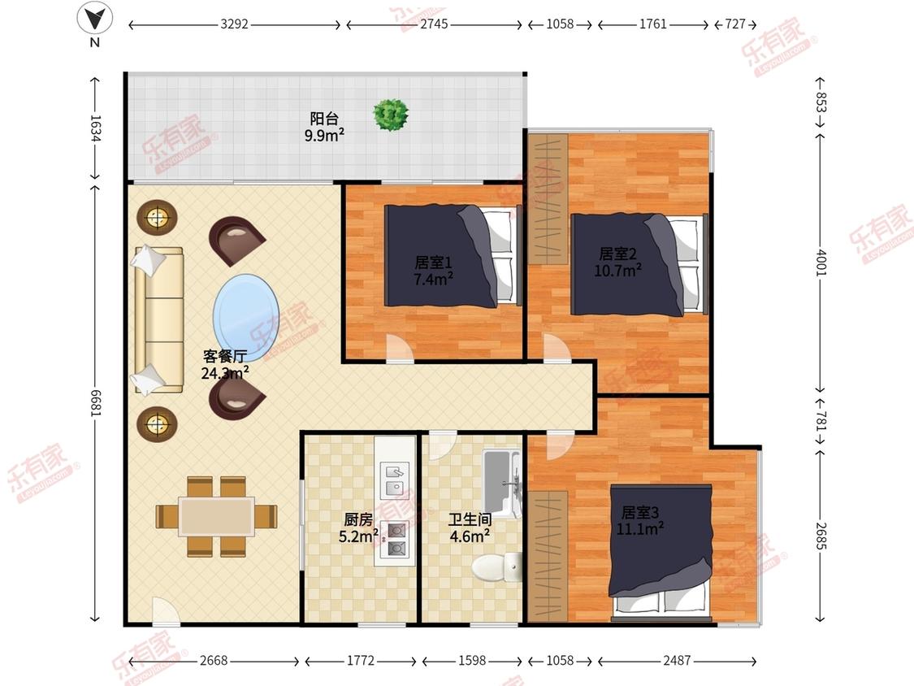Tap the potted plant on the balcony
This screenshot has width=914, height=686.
coord(391,115)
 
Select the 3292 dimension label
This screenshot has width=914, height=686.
coord(234,24)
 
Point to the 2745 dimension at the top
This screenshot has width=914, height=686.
coord(435,24)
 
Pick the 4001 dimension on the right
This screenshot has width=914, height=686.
coord(821,263)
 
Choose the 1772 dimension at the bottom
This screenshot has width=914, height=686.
coord(361,660)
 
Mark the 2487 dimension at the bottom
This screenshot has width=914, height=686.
coord(677,660)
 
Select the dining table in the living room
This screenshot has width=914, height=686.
coord(216,516)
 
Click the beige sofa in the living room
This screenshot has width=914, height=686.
coord(158,319)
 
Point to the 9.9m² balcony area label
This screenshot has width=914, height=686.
coord(324,136)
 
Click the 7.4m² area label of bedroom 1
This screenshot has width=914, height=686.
coord(433,280)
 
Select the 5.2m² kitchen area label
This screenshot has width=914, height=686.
coord(358,536)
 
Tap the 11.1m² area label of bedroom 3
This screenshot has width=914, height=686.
coord(640,529)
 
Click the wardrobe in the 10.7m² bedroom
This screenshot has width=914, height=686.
coord(548,199)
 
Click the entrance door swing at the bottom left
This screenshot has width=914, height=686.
coord(164,610)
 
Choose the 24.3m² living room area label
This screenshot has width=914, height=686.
coord(226,373)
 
